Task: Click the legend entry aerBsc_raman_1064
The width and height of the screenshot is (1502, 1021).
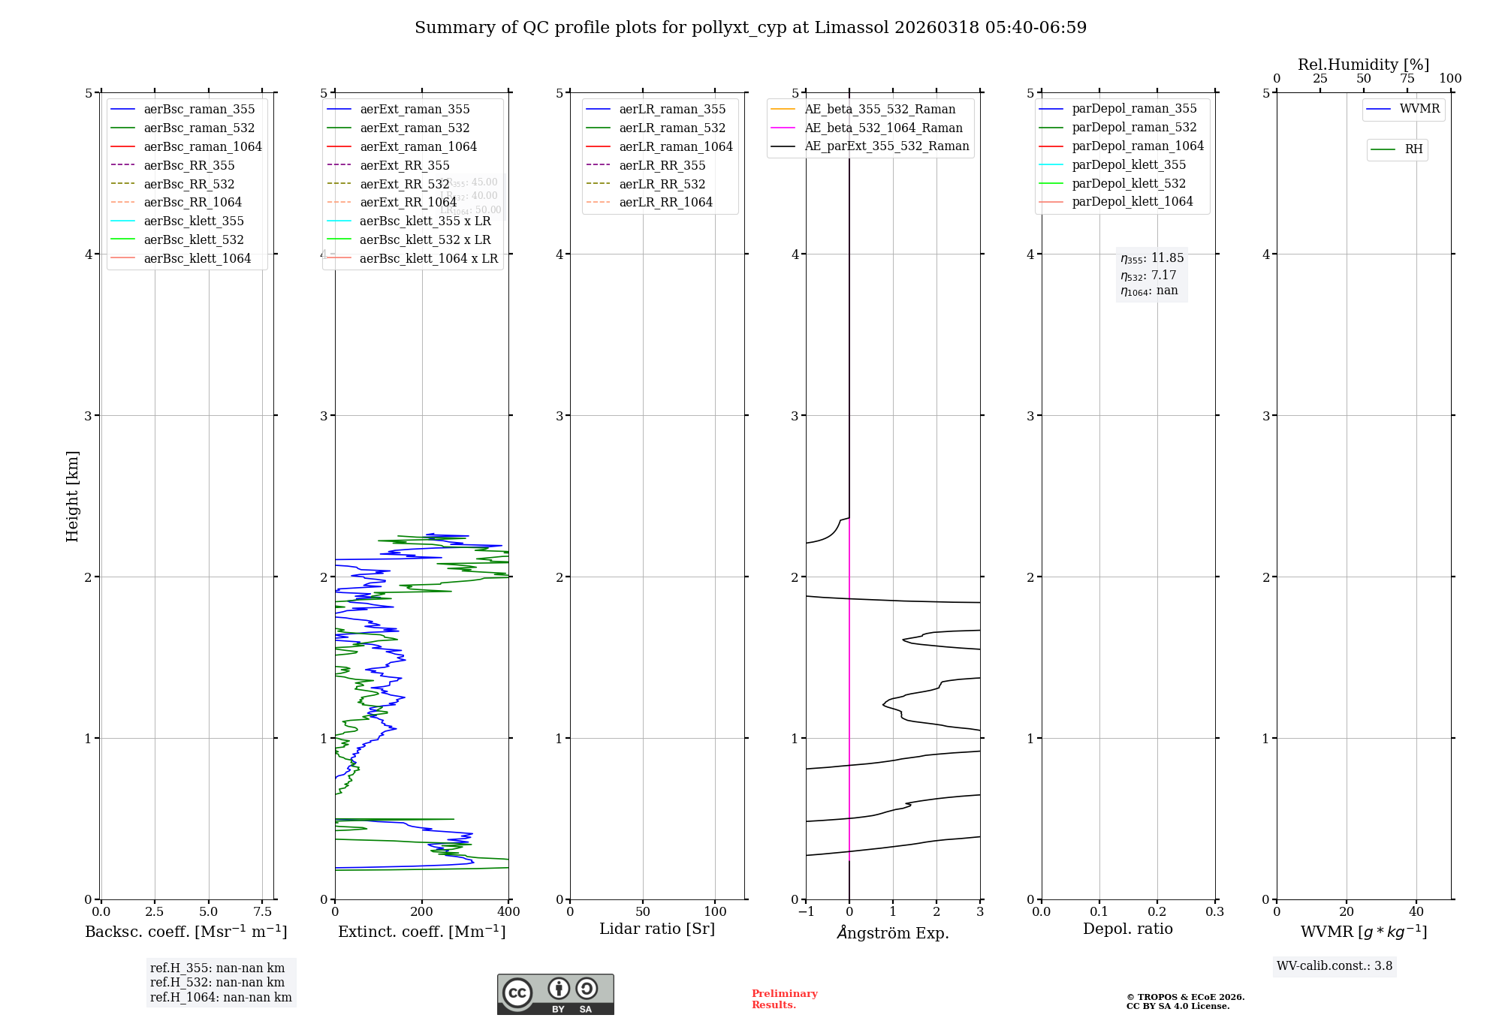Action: click(203, 146)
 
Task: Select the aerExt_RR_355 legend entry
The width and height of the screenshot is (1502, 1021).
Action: click(404, 165)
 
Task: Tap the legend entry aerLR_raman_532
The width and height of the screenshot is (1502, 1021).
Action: click(672, 128)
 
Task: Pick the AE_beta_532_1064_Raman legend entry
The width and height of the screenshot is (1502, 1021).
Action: click(883, 128)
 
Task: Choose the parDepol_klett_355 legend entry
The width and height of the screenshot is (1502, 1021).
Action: click(1129, 164)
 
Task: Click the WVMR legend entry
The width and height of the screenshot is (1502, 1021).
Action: click(1419, 109)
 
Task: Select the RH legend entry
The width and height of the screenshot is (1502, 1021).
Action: click(1413, 149)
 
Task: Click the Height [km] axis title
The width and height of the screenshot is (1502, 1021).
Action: click(72, 495)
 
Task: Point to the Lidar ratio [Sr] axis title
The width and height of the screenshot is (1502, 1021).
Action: click(657, 929)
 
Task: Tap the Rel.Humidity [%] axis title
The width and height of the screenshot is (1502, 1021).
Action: click(1363, 65)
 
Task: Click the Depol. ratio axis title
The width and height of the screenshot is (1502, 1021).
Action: click(1127, 929)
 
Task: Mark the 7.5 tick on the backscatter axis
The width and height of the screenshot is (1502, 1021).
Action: click(262, 911)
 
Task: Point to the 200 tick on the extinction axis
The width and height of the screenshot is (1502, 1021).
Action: click(422, 911)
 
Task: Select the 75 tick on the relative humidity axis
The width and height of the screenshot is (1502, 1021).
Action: click(1407, 78)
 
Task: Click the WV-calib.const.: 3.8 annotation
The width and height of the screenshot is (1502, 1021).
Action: click(1334, 966)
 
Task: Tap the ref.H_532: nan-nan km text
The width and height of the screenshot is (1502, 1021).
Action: click(217, 982)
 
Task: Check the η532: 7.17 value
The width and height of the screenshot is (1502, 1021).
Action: click(1148, 276)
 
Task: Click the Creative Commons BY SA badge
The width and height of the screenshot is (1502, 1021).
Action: click(555, 994)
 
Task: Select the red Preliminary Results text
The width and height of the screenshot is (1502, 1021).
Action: click(784, 998)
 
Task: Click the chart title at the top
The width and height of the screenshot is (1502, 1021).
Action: click(750, 28)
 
